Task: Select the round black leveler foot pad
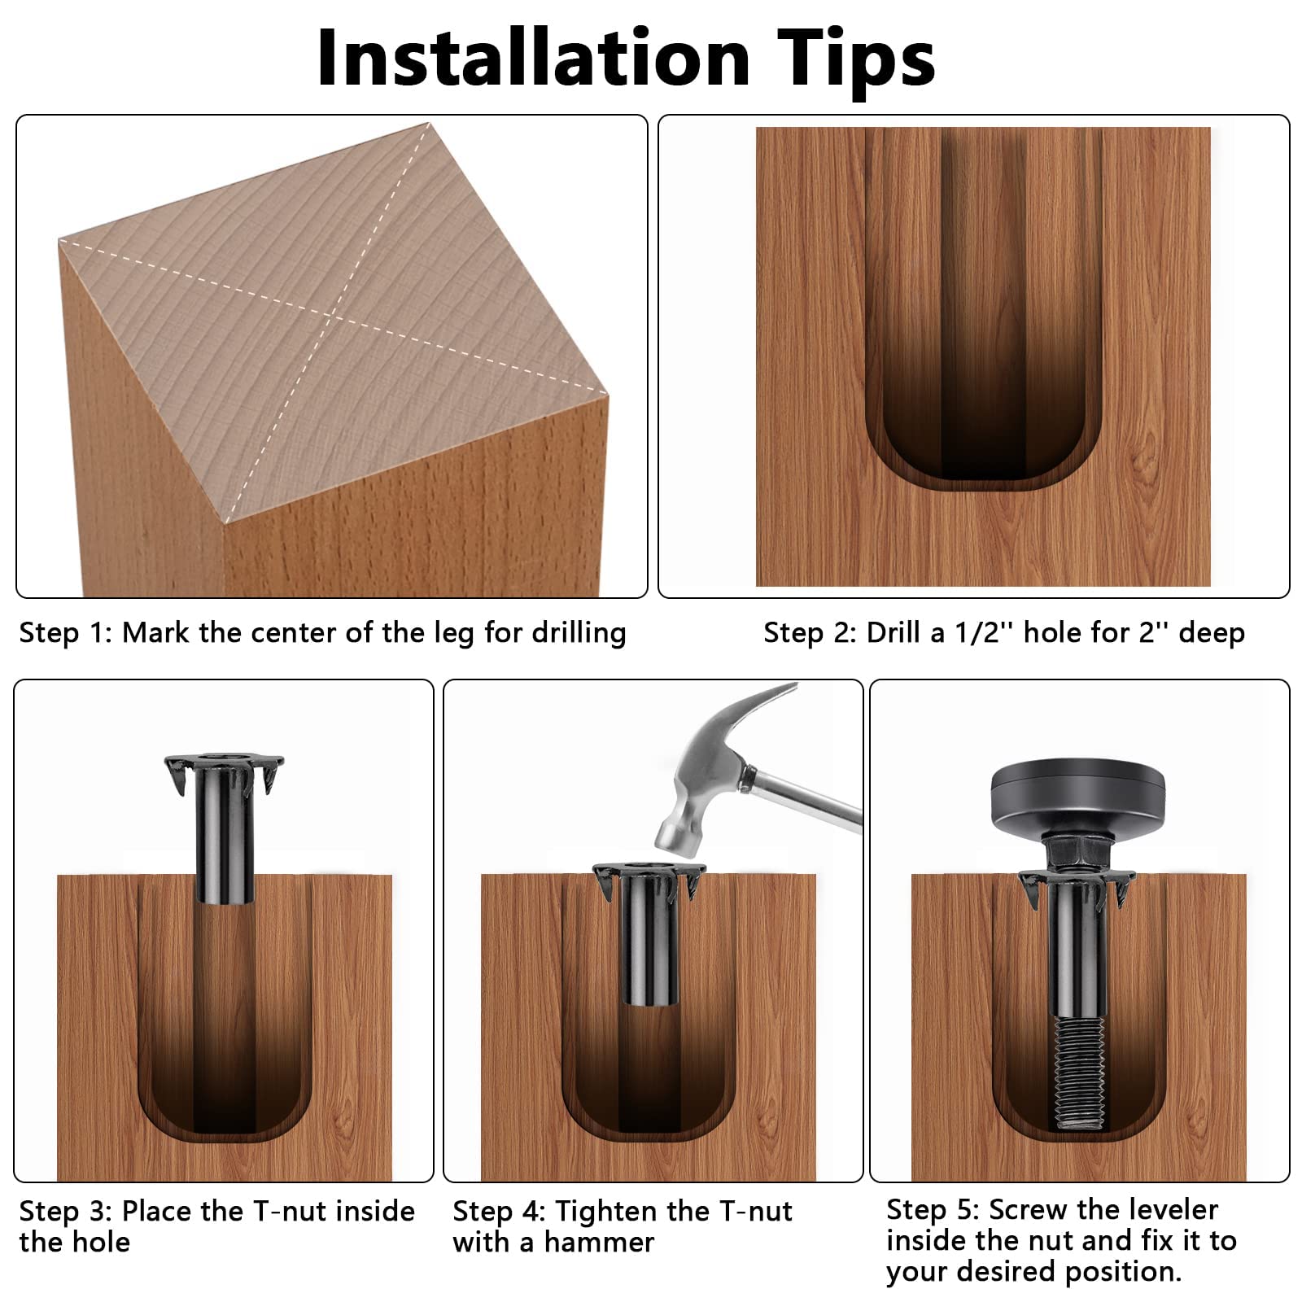[1078, 797]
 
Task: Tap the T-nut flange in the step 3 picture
[224, 770]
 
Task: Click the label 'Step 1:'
[66, 632]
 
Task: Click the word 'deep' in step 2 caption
[1212, 634]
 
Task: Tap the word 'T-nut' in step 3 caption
[291, 1211]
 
